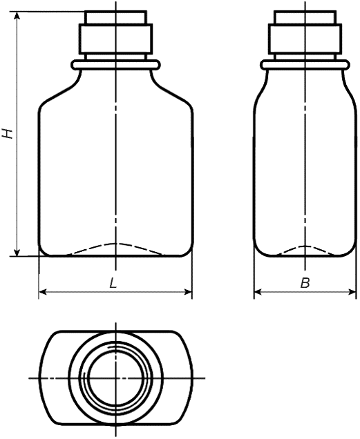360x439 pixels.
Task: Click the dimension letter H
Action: pyautogui.click(x=8, y=133)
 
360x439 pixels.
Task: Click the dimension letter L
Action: pyautogui.click(x=113, y=283)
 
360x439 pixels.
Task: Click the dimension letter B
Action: pyautogui.click(x=305, y=283)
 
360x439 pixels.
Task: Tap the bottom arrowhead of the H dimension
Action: pyautogui.click(x=17, y=251)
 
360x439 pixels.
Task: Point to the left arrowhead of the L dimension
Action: pyautogui.click(x=43, y=292)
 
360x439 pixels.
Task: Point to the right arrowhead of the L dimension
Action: pyautogui.click(x=187, y=292)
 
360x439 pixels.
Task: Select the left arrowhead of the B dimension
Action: pyautogui.click(x=258, y=292)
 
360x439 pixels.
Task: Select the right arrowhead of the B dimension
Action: pyautogui.click(x=352, y=292)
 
